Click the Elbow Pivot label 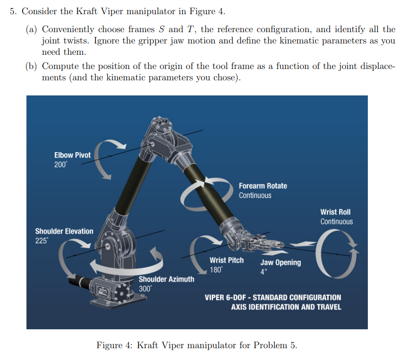click(72, 155)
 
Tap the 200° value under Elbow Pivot click(61, 164)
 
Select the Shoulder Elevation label click(64, 231)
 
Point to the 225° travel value click(42, 240)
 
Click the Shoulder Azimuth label click(166, 279)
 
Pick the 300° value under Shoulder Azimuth click(145, 289)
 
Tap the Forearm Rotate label click(263, 186)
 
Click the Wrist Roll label click(335, 212)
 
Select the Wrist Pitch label click(227, 260)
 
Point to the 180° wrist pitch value click(216, 270)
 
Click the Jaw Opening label click(280, 263)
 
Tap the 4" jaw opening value click(263, 272)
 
